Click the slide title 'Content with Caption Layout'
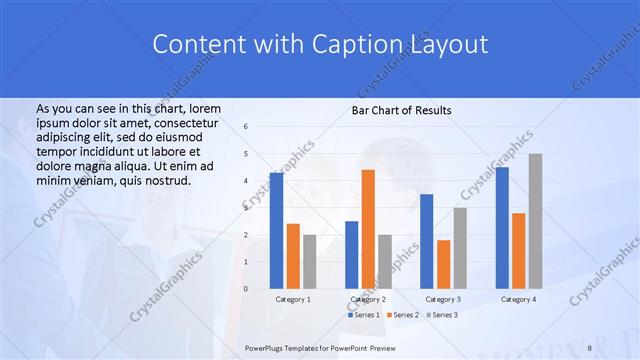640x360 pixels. pyautogui.click(x=320, y=45)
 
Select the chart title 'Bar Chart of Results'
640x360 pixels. pyautogui.click(x=401, y=110)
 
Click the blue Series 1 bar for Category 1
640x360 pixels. pyautogui.click(x=276, y=231)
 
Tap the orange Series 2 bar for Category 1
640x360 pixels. pyautogui.click(x=293, y=256)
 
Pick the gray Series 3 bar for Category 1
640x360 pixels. pyautogui.click(x=309, y=262)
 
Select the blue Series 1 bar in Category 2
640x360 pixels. pyautogui.click(x=351, y=255)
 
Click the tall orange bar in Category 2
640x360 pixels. pyautogui.click(x=368, y=229)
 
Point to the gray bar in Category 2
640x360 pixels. pyautogui.click(x=385, y=262)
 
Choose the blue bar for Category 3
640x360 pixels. pyautogui.click(x=426, y=241)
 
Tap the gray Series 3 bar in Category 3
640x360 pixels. pyautogui.click(x=460, y=248)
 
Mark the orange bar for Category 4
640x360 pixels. pyautogui.click(x=518, y=251)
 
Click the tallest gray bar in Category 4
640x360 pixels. pyautogui.click(x=535, y=221)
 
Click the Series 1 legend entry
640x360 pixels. pyautogui.click(x=363, y=315)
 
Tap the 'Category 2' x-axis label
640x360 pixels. pyautogui.click(x=368, y=299)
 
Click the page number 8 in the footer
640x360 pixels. pyautogui.click(x=590, y=346)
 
